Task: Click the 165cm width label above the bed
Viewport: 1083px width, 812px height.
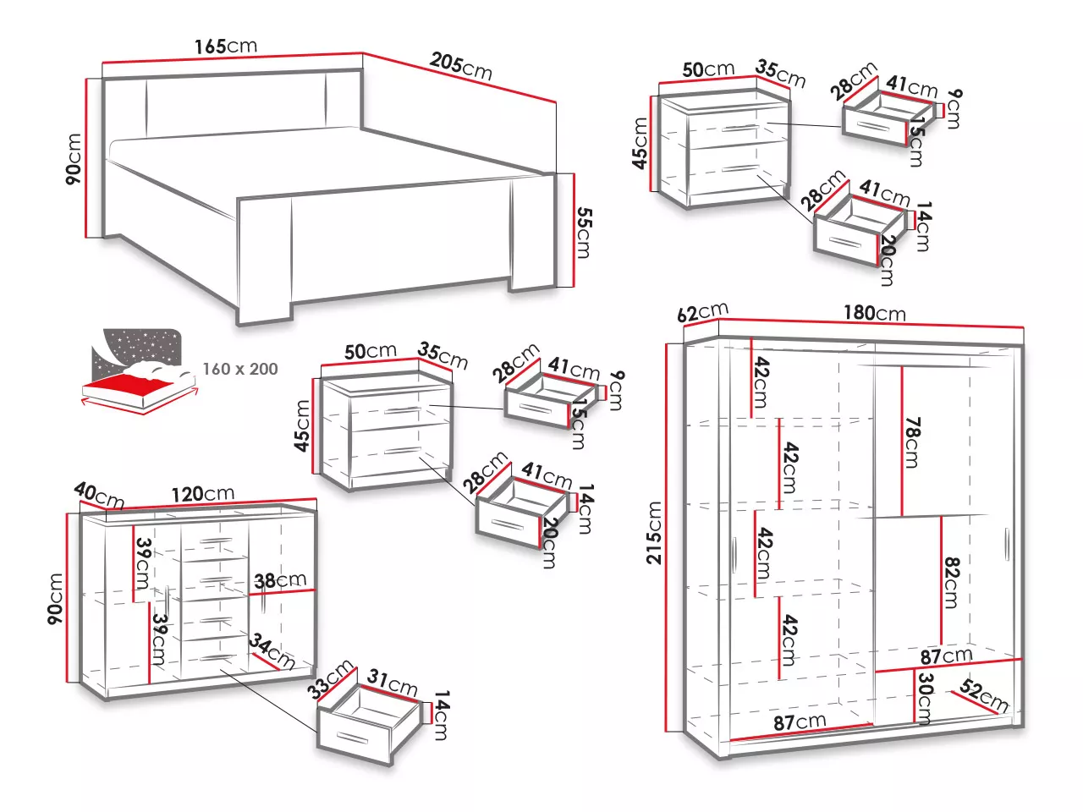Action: click(x=225, y=46)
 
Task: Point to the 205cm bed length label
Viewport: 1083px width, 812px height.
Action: click(x=460, y=65)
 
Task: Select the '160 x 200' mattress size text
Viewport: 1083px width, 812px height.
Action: click(x=240, y=369)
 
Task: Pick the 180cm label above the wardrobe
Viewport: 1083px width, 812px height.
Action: click(x=874, y=313)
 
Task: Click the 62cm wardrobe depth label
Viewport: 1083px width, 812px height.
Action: click(x=702, y=312)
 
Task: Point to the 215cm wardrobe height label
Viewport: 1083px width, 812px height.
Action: click(x=654, y=532)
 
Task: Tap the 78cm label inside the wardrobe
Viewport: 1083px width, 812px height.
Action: click(x=912, y=442)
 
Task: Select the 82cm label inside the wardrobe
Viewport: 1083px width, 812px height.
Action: click(x=951, y=582)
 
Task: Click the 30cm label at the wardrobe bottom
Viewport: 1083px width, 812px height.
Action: click(x=926, y=698)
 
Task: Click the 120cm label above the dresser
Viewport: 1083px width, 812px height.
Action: click(x=202, y=493)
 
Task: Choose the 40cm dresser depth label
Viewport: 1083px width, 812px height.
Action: click(x=99, y=495)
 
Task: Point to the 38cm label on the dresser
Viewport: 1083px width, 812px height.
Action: click(x=280, y=580)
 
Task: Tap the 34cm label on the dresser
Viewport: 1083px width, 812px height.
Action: click(x=272, y=651)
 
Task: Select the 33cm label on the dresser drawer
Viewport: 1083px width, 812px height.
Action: click(x=330, y=679)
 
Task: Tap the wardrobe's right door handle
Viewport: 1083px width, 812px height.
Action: click(x=1007, y=544)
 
